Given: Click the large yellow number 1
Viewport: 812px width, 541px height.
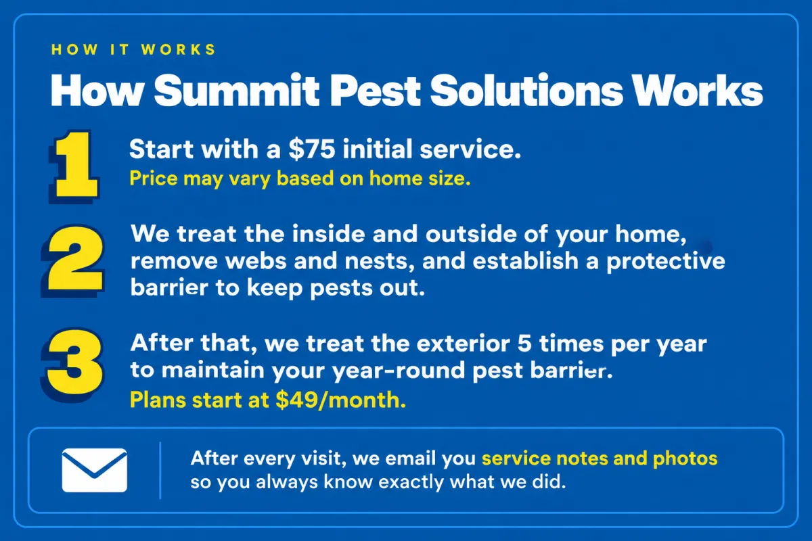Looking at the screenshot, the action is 75,165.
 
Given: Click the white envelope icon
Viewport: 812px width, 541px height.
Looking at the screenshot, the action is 95,470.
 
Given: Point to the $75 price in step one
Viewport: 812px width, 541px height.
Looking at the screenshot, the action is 312,149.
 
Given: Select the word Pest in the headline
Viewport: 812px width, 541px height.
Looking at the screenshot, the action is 375,90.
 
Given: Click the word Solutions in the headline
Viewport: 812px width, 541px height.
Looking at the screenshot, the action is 526,90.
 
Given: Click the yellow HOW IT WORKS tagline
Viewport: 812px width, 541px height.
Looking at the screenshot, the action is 133,49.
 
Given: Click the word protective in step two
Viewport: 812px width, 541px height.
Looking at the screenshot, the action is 666,262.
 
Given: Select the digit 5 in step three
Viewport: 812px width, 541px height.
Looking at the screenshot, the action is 524,344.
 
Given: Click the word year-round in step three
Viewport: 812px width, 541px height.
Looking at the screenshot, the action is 399,371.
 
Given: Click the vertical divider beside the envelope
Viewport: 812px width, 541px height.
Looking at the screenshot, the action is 160,471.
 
